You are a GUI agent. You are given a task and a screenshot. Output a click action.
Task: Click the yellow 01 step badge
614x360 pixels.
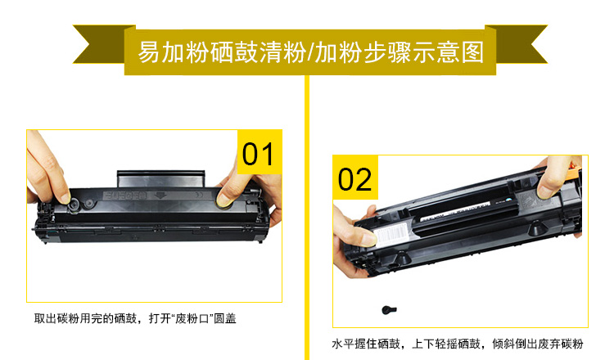260,152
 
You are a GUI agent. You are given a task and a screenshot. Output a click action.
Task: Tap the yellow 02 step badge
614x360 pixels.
355,178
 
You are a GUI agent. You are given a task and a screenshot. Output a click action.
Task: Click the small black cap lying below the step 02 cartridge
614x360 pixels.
389,310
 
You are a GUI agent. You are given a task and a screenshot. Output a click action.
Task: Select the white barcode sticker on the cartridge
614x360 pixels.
392,234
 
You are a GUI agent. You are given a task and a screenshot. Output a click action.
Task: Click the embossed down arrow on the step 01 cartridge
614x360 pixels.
160,196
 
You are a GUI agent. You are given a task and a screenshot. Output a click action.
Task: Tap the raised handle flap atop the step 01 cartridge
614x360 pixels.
161,179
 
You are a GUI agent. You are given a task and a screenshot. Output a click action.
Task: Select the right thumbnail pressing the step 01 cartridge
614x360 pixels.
223,199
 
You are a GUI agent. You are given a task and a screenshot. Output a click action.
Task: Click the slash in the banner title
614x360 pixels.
310,52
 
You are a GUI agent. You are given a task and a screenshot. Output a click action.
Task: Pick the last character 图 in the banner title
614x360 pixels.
472,52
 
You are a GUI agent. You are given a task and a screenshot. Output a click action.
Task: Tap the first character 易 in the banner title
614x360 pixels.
149,52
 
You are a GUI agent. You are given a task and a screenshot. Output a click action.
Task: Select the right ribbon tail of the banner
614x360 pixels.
517,44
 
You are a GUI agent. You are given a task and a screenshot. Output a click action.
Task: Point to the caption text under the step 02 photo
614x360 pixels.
458,344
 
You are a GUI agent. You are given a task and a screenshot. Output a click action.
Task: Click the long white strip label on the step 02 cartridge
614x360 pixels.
455,210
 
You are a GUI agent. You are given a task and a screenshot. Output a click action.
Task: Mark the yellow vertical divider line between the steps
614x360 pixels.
307,217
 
